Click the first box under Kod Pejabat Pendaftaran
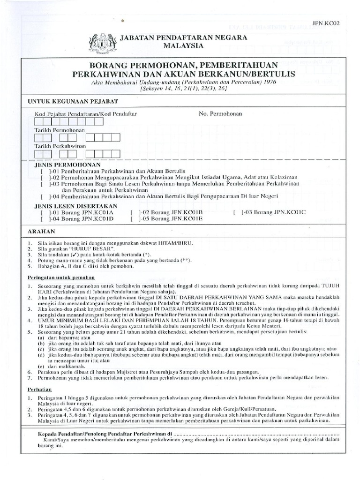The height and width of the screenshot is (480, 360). click(x=39, y=122)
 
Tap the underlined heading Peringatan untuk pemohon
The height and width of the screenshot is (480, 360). click(x=61, y=277)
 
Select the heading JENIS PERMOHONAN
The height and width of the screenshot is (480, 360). click(x=61, y=165)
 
